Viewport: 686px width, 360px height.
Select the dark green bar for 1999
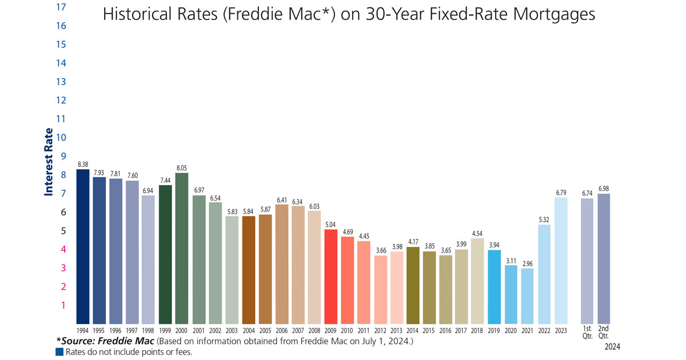point(166,255)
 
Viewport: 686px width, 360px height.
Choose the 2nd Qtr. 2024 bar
point(604,259)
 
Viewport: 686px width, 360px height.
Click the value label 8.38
point(83,164)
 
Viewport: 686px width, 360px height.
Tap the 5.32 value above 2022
point(544,219)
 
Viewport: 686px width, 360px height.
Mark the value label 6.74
point(587,193)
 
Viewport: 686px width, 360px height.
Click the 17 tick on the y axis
point(61,7)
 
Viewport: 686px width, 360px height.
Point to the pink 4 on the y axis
point(63,249)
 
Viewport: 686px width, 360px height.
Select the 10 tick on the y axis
point(61,137)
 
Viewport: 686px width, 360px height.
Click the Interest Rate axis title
point(49,162)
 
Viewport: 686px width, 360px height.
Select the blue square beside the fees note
point(58,352)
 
